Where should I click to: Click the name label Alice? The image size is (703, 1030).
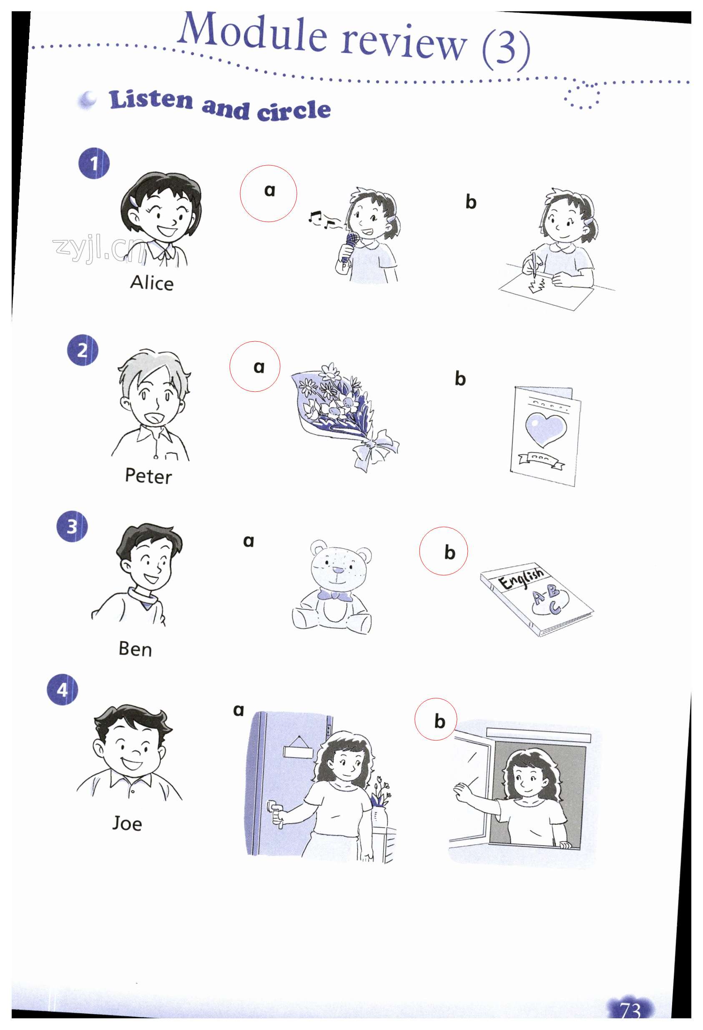tap(151, 282)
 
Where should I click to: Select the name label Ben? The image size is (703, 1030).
tap(135, 648)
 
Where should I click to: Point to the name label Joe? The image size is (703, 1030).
tap(127, 823)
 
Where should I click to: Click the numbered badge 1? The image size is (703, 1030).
tap(94, 163)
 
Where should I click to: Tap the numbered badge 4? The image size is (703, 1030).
tap(63, 690)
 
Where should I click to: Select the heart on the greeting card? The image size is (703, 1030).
tap(545, 428)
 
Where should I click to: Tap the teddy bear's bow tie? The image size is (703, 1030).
tap(335, 595)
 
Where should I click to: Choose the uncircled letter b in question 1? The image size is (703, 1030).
tap(470, 201)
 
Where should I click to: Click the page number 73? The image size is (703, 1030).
tap(630, 1010)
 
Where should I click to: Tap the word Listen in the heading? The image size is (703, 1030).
tap(151, 99)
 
